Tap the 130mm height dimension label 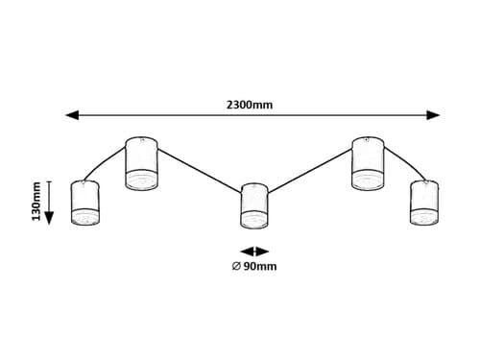36,203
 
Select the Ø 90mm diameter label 254,266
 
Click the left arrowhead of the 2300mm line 72,115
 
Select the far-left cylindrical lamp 85,204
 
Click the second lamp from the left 141,164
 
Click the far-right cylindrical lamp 423,203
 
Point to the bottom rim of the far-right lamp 423,222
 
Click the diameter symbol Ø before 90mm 236,266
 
